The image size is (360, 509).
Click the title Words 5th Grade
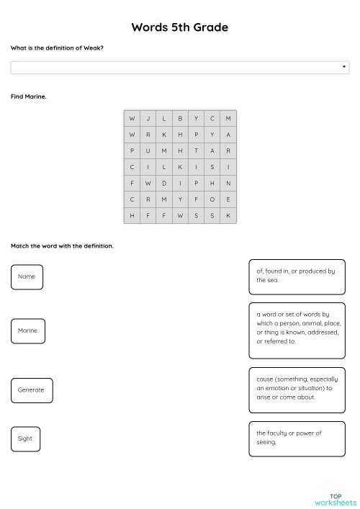[x=179, y=27]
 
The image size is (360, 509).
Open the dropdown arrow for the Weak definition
[x=344, y=67]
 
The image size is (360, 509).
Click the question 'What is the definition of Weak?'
[x=57, y=48]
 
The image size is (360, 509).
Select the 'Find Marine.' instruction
[x=29, y=96]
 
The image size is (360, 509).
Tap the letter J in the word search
[x=148, y=118]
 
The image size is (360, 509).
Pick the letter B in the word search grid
[x=180, y=118]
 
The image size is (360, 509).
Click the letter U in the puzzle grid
[x=148, y=150]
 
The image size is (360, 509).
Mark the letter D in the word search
[x=164, y=183]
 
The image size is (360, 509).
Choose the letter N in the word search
[x=228, y=183]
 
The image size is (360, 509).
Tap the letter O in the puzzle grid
[x=212, y=199]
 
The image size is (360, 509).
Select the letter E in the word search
[x=228, y=199]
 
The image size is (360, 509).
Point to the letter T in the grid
[x=196, y=150]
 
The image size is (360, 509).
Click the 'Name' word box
[x=27, y=276]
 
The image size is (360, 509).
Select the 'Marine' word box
[x=27, y=330]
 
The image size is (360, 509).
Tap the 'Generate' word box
[x=31, y=389]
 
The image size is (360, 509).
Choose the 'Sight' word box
[x=25, y=438]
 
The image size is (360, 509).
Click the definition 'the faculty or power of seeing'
[x=297, y=438]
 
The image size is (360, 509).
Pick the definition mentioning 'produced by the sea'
[x=297, y=276]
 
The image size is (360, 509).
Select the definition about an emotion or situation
[x=297, y=388]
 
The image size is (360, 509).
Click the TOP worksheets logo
[x=336, y=499]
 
